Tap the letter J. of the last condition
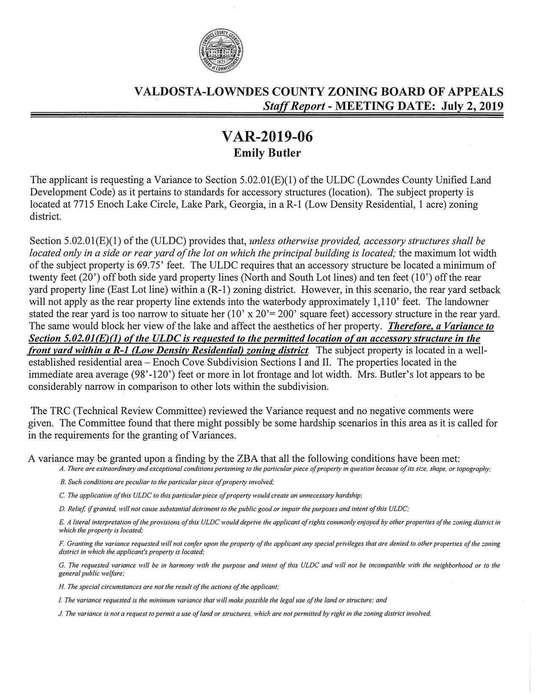point(61,614)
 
